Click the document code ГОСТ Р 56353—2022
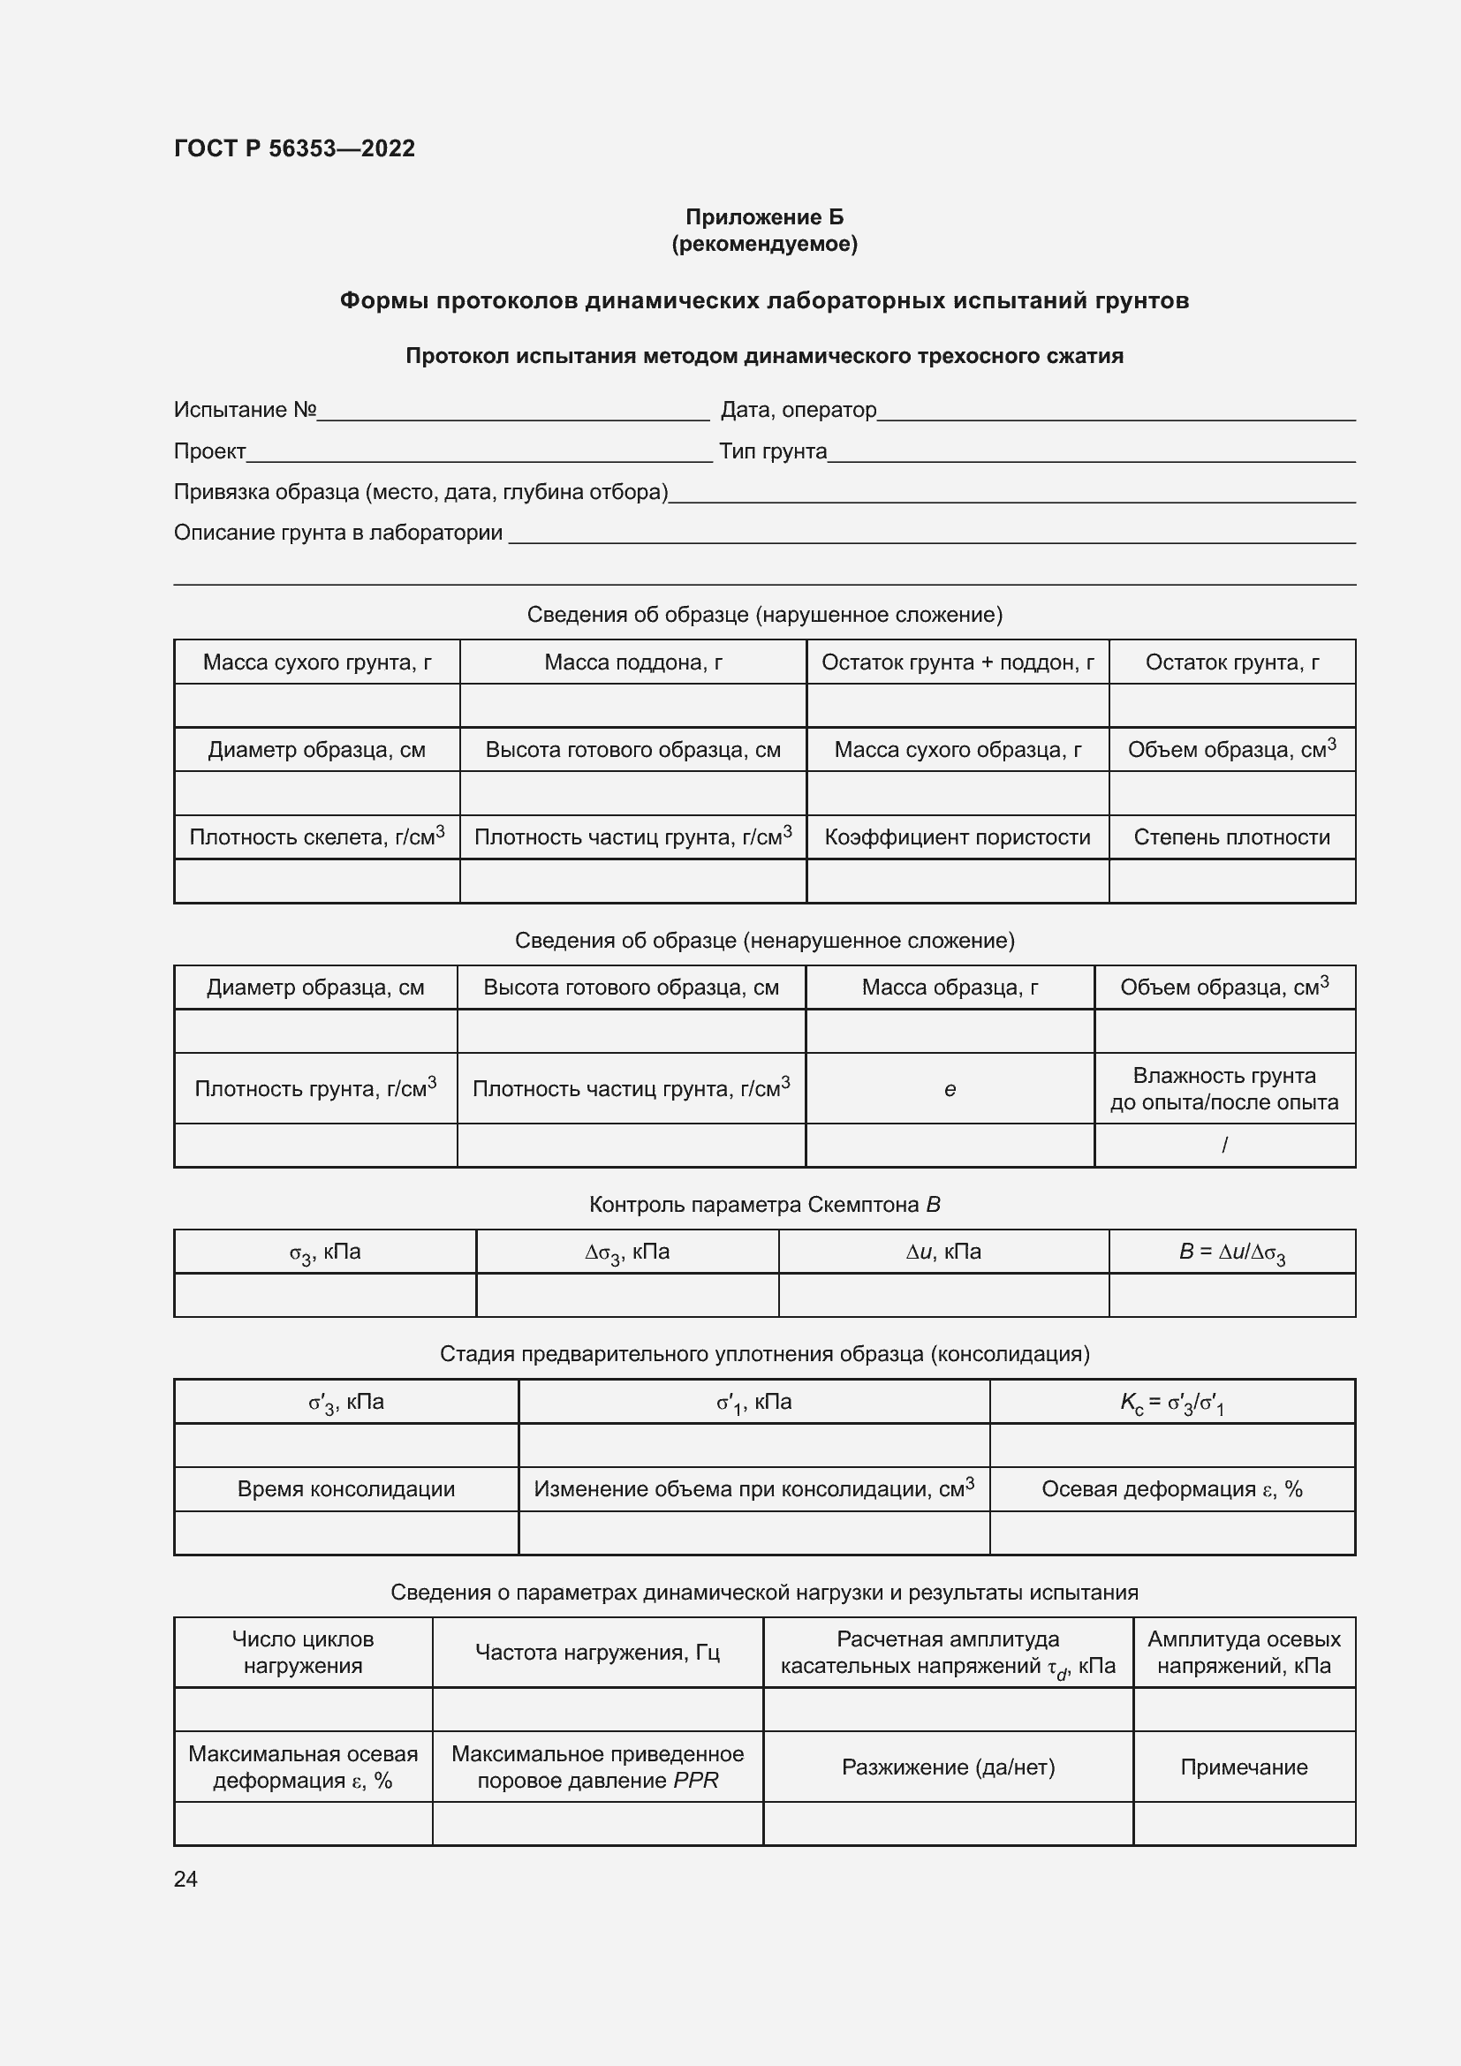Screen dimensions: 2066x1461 pos(294,148)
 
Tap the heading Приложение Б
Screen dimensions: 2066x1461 pos(764,217)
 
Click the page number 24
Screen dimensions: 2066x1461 pos(185,1879)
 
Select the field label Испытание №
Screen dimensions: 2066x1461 pos(245,410)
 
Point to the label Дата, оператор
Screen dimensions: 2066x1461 pos(798,410)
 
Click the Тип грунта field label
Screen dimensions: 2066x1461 pos(773,450)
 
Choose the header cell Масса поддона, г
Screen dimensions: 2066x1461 pos(632,662)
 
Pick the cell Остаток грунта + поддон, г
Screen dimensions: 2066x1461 pos(958,662)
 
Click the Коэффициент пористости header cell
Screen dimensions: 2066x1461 pos(958,836)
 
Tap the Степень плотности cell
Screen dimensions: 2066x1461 pos(1231,836)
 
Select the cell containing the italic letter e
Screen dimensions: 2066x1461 pos(950,1090)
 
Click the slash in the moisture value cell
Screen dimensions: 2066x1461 pos(1224,1146)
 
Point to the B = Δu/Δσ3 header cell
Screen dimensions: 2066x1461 pos(1231,1252)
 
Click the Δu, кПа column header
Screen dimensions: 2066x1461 pos(942,1252)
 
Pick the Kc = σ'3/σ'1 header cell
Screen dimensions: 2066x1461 pos(1171,1402)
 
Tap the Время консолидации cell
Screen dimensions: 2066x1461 pos(345,1489)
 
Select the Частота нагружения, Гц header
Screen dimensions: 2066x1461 pos(597,1652)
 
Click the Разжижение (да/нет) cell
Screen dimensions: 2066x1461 pos(948,1767)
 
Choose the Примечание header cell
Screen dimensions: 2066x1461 pos(1244,1767)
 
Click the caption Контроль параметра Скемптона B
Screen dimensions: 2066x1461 pos(764,1204)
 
